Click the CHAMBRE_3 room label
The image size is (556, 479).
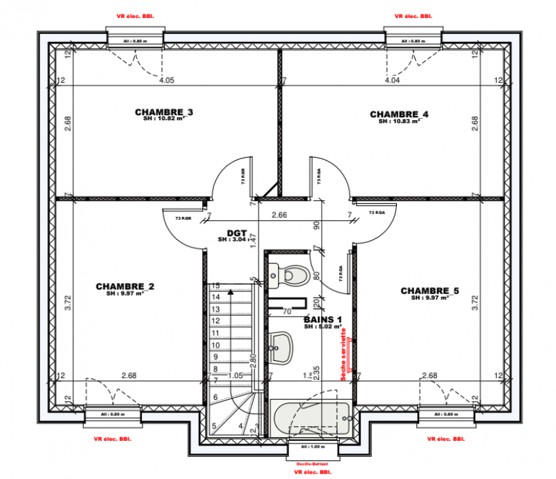[164, 112]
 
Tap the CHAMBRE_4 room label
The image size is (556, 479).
[400, 114]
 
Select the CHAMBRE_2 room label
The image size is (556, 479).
[125, 286]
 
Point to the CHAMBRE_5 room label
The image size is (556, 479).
[430, 291]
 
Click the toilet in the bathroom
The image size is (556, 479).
[293, 275]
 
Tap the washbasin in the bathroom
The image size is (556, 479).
[281, 346]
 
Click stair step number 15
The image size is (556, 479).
[215, 286]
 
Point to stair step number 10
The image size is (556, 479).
[215, 346]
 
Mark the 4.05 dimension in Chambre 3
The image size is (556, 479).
[166, 81]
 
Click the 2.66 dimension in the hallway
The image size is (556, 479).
[279, 216]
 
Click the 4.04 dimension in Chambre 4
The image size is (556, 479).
[393, 81]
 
